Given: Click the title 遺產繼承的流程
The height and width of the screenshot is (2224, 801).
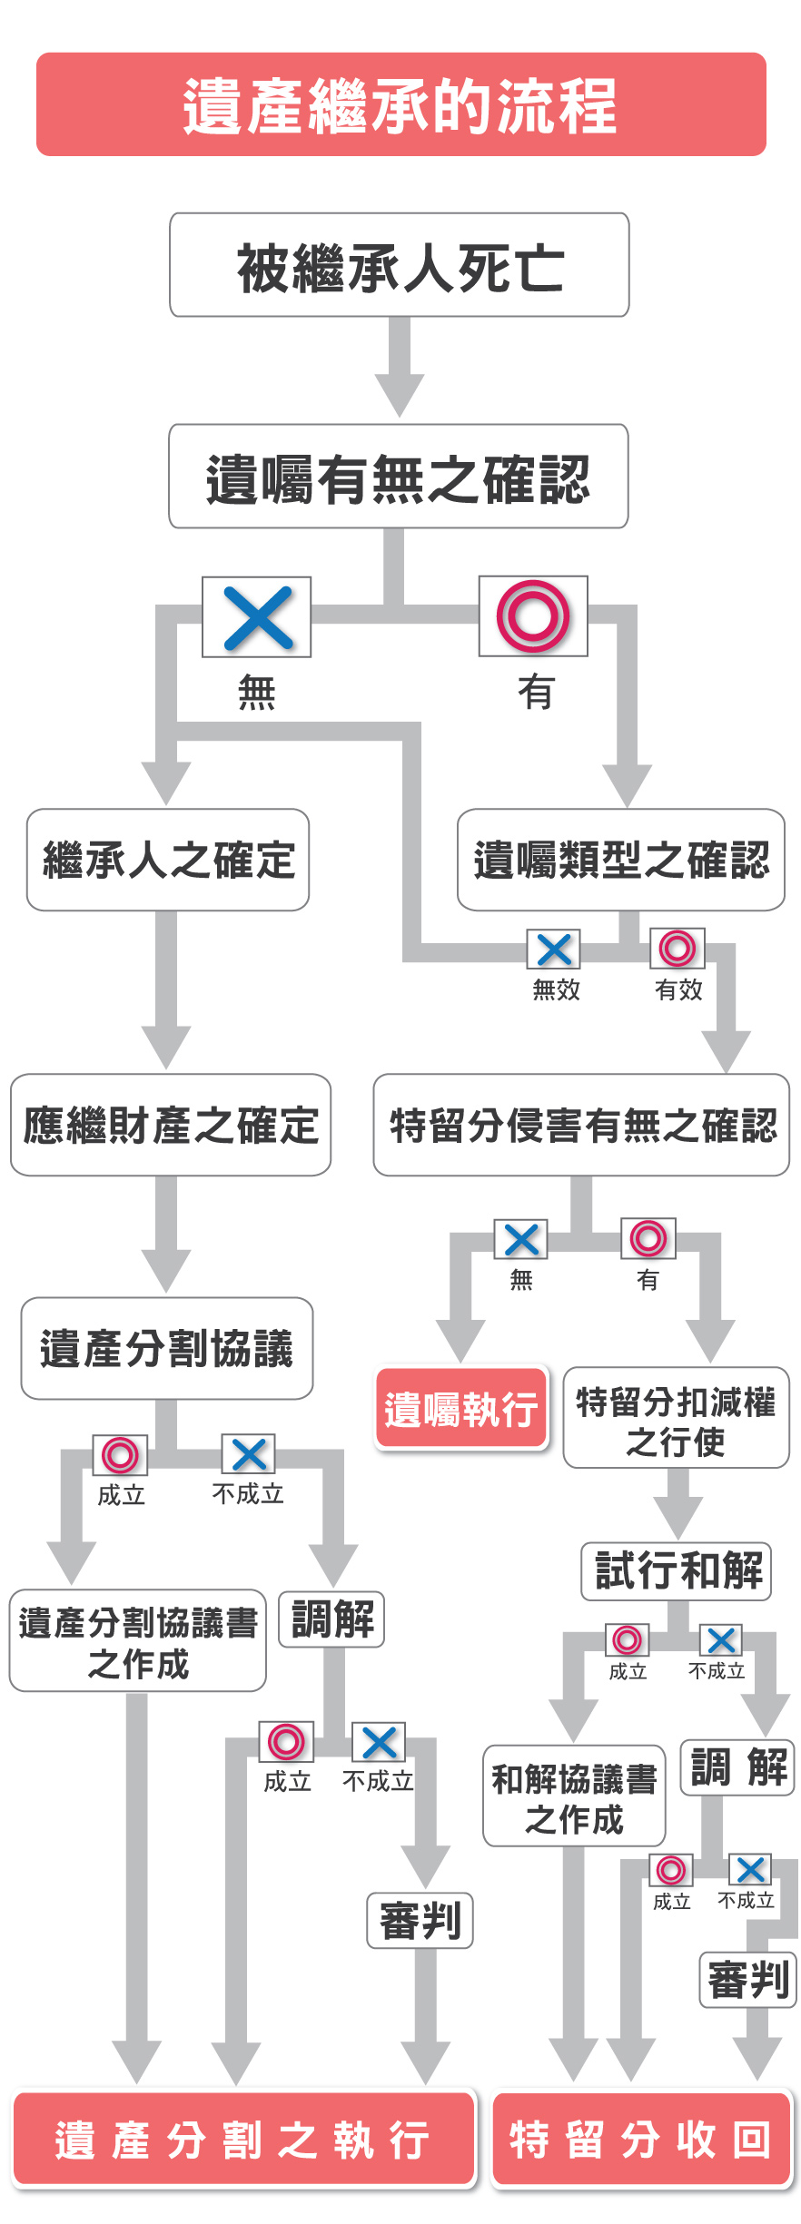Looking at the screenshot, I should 400,104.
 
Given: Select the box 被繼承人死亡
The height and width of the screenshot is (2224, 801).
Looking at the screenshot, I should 400,265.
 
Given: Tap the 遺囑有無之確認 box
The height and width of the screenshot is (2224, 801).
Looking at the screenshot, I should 399,477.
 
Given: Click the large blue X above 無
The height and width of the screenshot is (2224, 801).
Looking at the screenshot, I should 257,617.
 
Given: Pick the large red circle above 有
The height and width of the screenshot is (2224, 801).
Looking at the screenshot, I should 533,616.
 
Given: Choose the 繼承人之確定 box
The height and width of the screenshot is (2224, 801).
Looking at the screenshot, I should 168,860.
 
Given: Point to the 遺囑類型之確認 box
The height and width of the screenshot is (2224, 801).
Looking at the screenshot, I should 621,860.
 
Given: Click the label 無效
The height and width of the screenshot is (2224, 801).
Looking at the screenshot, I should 556,989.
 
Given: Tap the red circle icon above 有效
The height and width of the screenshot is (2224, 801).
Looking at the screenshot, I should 677,949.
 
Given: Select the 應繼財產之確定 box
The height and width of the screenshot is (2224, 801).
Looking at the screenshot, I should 171,1125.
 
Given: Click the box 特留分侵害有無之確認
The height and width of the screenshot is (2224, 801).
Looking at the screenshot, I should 581,1125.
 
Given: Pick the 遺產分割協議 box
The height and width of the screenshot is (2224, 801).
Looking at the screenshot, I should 167,1348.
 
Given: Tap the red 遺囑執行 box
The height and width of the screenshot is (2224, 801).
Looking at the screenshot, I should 461,1408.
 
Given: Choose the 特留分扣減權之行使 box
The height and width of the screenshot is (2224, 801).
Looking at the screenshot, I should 677,1418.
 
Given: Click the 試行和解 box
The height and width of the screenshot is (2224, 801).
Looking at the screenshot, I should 677,1571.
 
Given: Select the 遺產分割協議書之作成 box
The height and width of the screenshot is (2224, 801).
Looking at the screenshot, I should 138,1641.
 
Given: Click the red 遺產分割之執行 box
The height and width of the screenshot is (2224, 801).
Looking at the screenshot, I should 243,2140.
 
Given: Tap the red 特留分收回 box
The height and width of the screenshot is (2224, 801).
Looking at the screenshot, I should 641,2140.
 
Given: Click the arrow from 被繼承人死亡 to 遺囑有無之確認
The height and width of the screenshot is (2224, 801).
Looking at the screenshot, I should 400,368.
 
